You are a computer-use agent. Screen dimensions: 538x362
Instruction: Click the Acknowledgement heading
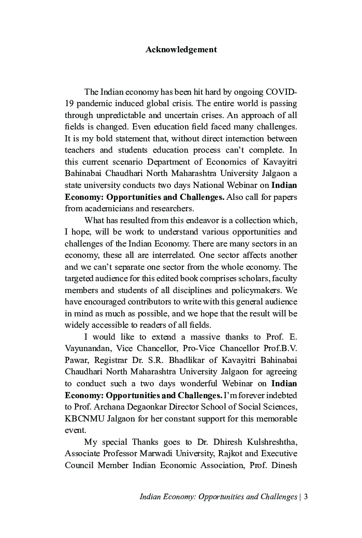181,50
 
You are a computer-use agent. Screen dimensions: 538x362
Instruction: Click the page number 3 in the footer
306,497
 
